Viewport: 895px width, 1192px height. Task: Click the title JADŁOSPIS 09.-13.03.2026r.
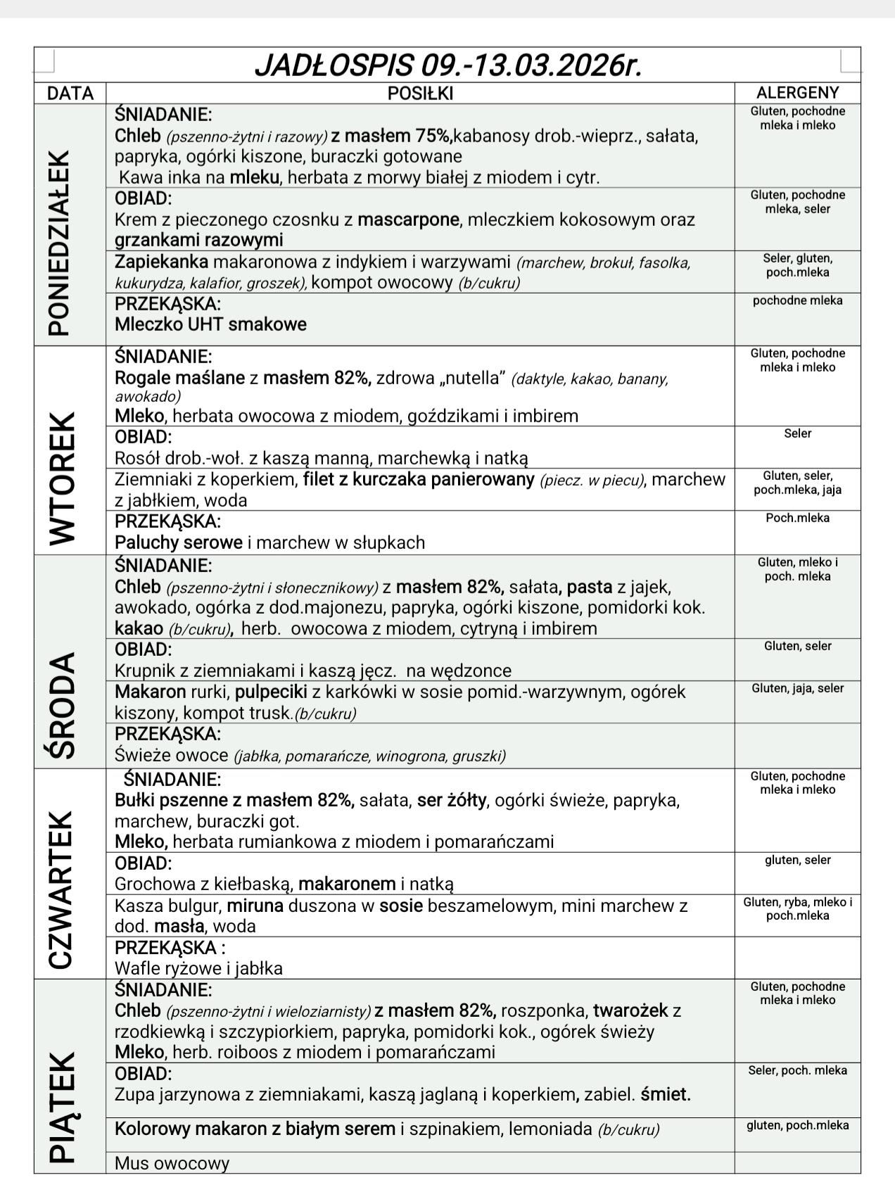(x=447, y=65)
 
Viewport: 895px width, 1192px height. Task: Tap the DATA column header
(x=70, y=94)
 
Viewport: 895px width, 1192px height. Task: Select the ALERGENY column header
(x=797, y=93)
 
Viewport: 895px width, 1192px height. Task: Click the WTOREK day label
(x=61, y=478)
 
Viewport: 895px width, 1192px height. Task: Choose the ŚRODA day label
(x=61, y=705)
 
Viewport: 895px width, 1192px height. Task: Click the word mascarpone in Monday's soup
(x=408, y=220)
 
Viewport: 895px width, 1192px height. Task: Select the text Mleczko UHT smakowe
(x=210, y=324)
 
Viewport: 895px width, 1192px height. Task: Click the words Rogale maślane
(x=179, y=378)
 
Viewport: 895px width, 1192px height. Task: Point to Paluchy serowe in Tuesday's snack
(x=178, y=543)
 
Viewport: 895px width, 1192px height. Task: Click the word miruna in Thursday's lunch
(x=255, y=906)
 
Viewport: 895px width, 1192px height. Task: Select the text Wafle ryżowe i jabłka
(x=198, y=968)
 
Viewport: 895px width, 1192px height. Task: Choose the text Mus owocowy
(x=172, y=1163)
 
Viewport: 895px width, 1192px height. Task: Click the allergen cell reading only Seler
(x=797, y=433)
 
